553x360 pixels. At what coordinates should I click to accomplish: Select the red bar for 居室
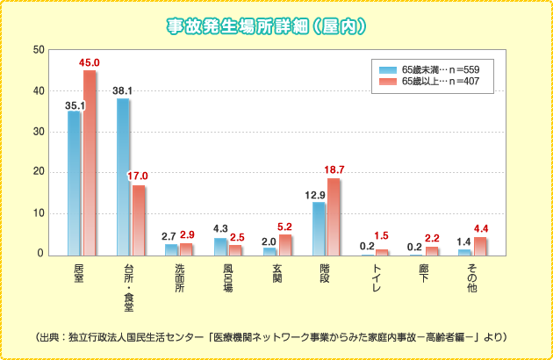90,162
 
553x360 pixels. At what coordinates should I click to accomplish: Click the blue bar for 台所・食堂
123,176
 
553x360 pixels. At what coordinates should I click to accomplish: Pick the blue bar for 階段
319,228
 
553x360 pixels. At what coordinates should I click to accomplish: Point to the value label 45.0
90,63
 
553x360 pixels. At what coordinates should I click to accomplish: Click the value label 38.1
123,90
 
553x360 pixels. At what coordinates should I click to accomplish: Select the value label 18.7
334,169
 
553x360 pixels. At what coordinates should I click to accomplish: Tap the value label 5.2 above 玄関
286,227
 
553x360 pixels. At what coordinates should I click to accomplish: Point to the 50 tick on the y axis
39,50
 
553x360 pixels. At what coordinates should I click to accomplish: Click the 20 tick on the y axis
39,173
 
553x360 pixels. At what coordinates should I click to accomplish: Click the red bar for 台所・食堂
139,220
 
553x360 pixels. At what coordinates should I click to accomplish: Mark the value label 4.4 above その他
481,230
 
